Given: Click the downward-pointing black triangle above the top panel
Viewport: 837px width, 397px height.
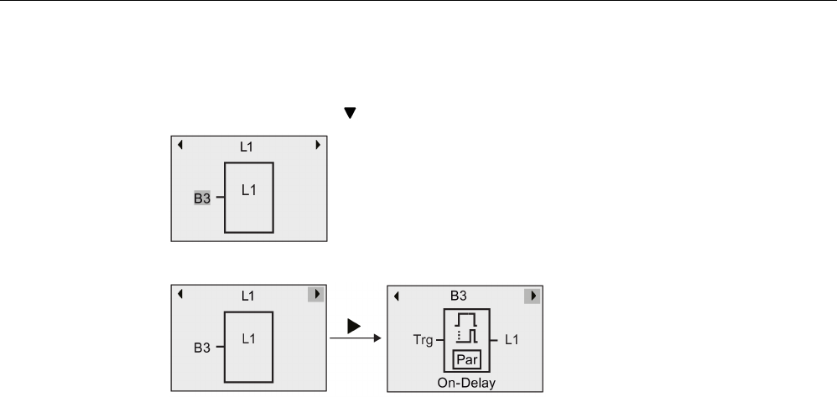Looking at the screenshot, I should pyautogui.click(x=351, y=111).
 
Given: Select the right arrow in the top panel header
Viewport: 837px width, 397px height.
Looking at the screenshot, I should pyautogui.click(x=318, y=145).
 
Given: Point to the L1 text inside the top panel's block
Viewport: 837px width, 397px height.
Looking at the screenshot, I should pyautogui.click(x=249, y=190).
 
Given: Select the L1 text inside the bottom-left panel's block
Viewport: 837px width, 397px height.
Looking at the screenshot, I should pyautogui.click(x=249, y=338).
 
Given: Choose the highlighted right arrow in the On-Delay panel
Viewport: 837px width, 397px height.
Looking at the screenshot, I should pyautogui.click(x=532, y=295).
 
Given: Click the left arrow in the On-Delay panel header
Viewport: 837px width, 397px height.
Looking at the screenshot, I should pyautogui.click(x=397, y=295).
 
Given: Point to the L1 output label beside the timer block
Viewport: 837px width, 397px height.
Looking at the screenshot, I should pyautogui.click(x=512, y=343).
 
